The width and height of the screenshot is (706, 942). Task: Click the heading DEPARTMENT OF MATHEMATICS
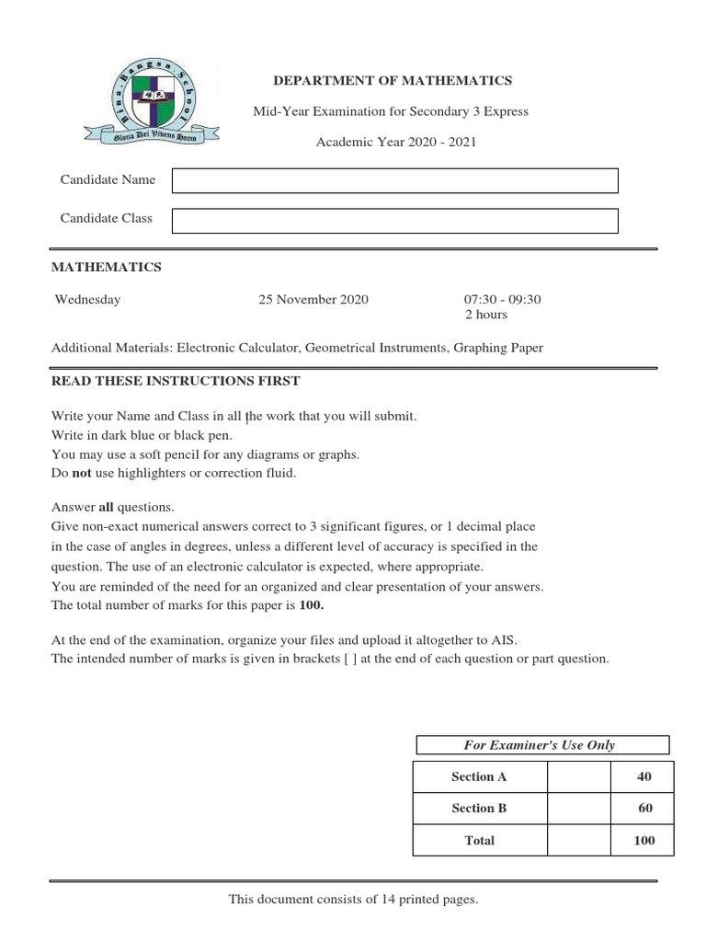(x=393, y=81)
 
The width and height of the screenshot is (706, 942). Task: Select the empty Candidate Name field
(x=395, y=181)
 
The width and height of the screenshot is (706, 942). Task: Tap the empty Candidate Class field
(x=395, y=221)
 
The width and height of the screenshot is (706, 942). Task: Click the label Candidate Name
(x=108, y=179)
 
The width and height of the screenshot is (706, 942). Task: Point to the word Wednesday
(x=87, y=299)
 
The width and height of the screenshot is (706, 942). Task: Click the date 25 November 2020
(x=313, y=299)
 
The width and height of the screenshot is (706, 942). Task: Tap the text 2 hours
(x=486, y=315)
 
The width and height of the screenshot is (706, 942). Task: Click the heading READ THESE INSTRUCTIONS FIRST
(x=175, y=381)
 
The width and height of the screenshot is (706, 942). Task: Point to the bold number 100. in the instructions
(x=312, y=605)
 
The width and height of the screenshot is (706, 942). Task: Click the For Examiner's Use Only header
(x=542, y=745)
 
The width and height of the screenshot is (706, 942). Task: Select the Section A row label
(x=479, y=776)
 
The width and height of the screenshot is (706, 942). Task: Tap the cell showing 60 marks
(x=644, y=808)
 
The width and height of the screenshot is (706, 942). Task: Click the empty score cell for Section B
(x=579, y=808)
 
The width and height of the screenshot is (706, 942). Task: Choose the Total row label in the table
(x=479, y=840)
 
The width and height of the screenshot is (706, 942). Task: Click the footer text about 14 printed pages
(x=353, y=899)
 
